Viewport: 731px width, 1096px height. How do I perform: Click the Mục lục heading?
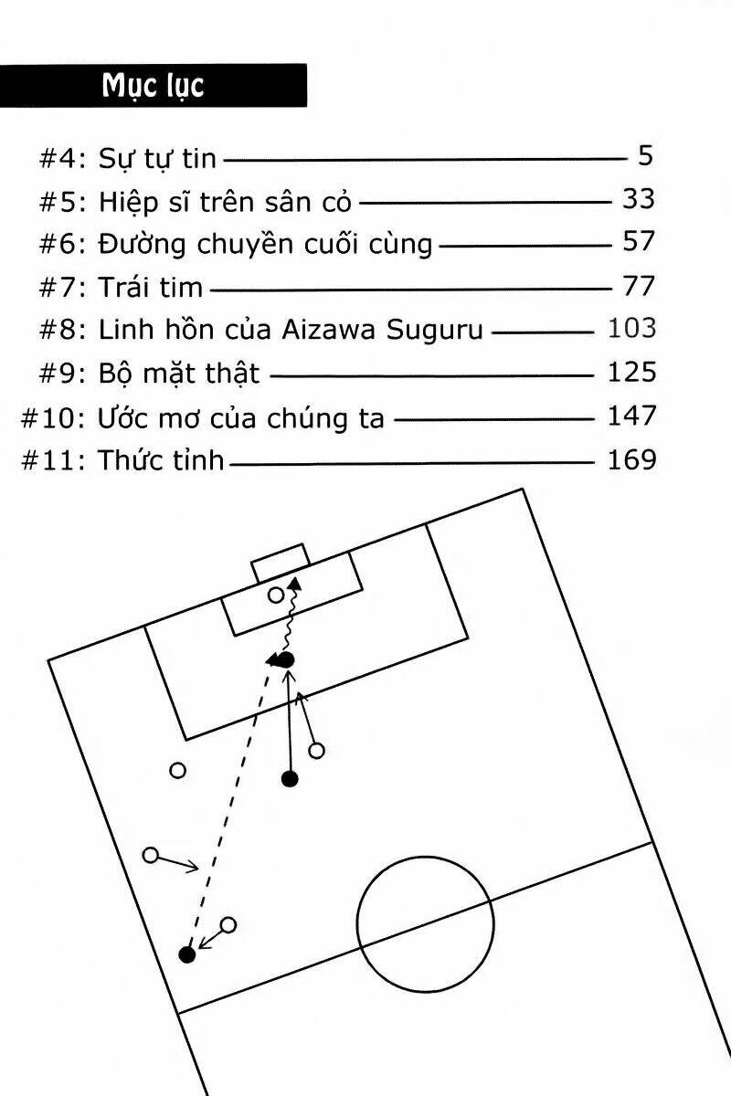[153, 86]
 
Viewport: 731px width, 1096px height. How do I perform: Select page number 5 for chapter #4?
[645, 156]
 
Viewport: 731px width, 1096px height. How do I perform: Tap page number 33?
[638, 199]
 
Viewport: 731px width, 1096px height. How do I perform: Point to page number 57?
[638, 242]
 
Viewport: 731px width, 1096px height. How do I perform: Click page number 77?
[638, 286]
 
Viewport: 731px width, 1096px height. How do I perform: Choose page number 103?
[631, 329]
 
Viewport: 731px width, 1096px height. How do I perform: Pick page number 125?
[631, 372]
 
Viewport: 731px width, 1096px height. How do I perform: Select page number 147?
[631, 416]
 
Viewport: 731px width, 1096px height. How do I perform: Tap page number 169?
[631, 458]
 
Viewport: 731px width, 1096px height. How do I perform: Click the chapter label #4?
[62, 158]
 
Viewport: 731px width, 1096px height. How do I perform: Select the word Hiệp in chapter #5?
[127, 201]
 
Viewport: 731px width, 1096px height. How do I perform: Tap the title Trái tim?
[151, 287]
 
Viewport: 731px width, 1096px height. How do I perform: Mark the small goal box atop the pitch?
[280, 562]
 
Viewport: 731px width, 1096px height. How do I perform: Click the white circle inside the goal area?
[276, 595]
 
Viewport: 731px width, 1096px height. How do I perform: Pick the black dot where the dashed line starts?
[187, 955]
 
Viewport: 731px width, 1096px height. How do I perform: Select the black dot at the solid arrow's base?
[290, 779]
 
